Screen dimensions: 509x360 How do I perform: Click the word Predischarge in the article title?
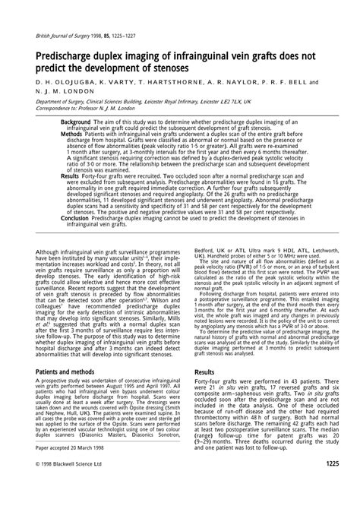65,55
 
